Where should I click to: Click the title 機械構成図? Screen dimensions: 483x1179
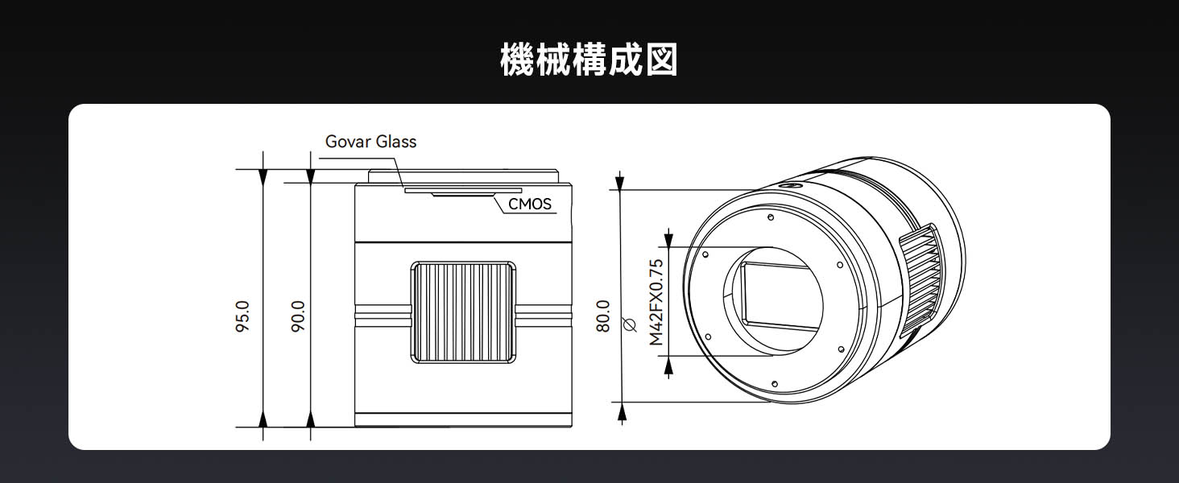[x=589, y=60]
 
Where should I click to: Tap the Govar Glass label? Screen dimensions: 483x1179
[x=370, y=142]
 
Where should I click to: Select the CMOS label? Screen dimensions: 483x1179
[x=530, y=204]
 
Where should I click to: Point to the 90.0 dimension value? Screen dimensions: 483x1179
[x=298, y=316]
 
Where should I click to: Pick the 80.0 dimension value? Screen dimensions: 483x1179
[x=606, y=316]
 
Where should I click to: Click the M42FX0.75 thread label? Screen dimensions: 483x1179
[x=656, y=302]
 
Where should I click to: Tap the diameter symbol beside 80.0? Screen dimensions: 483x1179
[x=631, y=324]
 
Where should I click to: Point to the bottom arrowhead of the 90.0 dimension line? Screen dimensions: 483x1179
[x=311, y=419]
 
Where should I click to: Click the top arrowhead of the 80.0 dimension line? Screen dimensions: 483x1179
[x=619, y=182]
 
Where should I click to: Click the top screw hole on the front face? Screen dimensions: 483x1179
[x=772, y=217]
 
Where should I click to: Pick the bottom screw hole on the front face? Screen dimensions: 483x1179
[x=774, y=384]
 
